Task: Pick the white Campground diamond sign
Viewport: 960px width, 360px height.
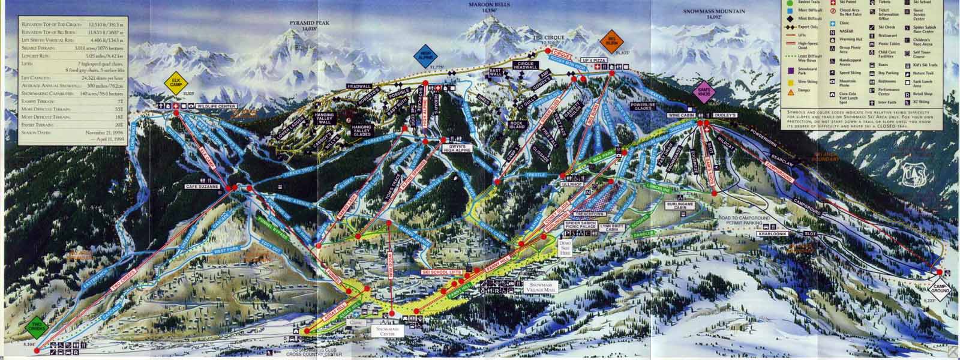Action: tap(940, 290)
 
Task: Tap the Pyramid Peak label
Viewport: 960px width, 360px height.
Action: tap(310, 23)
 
